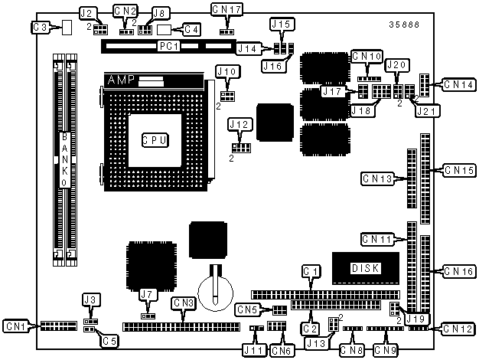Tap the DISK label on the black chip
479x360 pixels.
[365, 268]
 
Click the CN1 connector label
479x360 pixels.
[17, 326]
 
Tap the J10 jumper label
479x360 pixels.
[226, 72]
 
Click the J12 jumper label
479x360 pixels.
[240, 124]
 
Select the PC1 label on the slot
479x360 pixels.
[168, 47]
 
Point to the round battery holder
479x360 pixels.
[215, 289]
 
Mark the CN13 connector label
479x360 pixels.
[376, 179]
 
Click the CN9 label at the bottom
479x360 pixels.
[385, 350]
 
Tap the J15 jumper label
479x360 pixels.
[281, 25]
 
